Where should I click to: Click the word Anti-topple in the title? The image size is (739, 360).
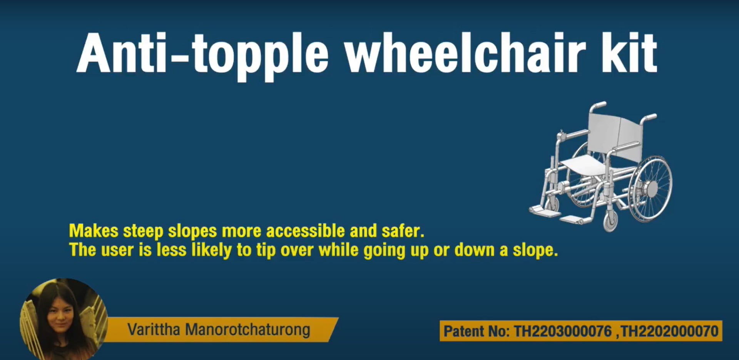(x=202, y=54)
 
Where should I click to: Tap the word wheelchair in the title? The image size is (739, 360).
(x=465, y=53)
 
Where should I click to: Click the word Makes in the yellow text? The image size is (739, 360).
(x=94, y=231)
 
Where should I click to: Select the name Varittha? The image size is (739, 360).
(x=154, y=330)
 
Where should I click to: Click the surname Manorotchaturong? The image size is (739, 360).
(x=247, y=330)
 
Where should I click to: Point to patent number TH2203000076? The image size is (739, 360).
(x=563, y=331)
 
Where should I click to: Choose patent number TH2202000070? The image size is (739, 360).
(x=670, y=331)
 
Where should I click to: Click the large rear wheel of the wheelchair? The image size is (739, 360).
(x=650, y=189)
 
